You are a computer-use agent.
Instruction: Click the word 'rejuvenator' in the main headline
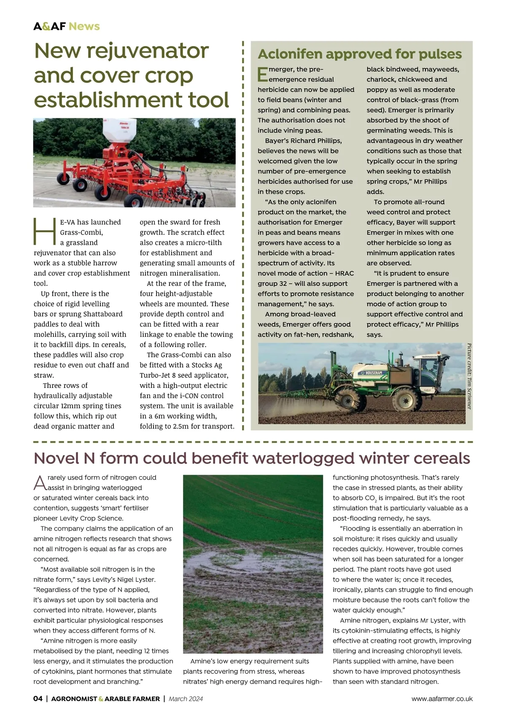(x=148, y=51)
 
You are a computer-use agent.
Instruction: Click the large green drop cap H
(x=44, y=231)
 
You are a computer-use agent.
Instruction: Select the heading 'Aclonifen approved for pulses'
(x=360, y=54)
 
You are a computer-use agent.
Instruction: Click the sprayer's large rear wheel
(x=404, y=399)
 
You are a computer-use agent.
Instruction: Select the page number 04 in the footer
(x=38, y=699)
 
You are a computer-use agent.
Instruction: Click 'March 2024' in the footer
(x=186, y=699)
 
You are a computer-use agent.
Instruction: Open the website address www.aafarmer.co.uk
(x=442, y=699)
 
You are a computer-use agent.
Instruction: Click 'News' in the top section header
(x=84, y=26)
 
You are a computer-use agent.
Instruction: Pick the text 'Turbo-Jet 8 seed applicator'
(x=184, y=375)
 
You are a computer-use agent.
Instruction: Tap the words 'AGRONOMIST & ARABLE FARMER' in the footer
(x=105, y=699)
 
